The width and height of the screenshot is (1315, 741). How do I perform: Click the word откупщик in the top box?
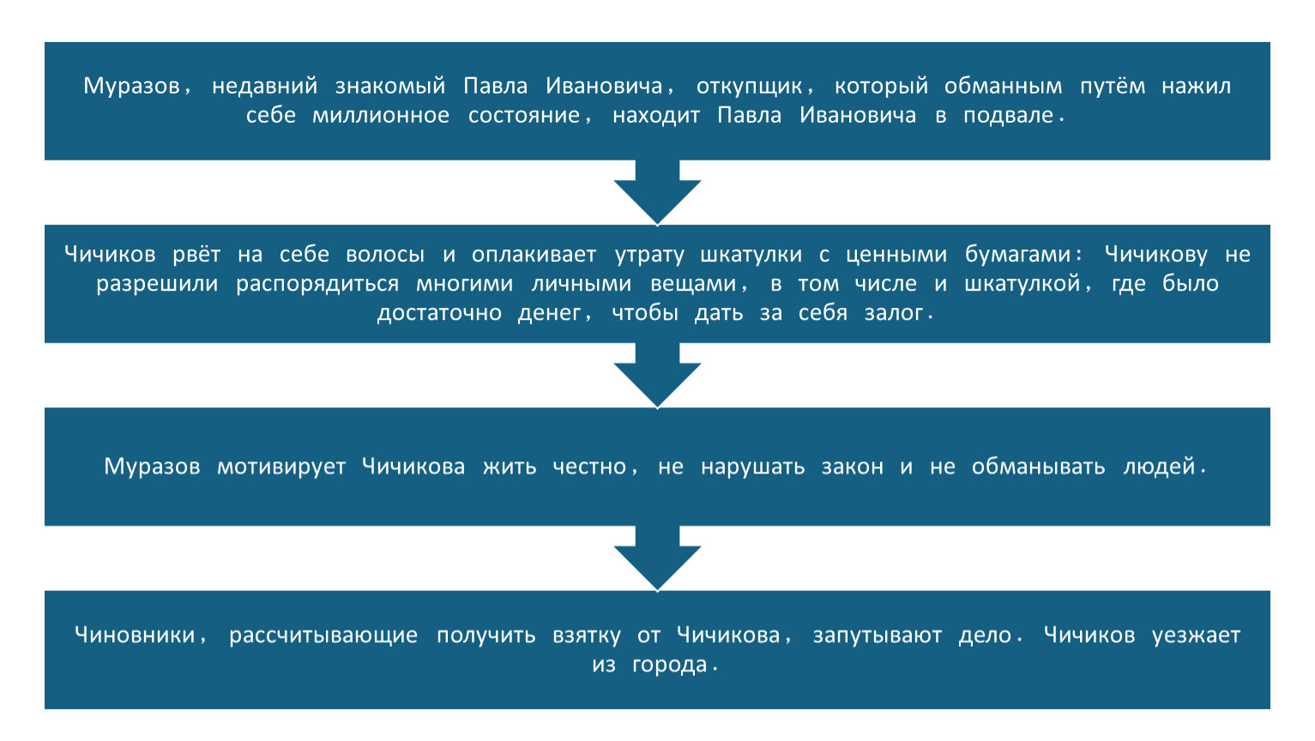[x=749, y=87]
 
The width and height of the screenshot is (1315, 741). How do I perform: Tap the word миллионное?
[x=380, y=115]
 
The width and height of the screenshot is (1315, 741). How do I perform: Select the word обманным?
[x=1004, y=87]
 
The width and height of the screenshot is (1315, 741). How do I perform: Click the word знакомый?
[x=389, y=87]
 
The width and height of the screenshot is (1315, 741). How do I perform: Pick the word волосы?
[x=384, y=254]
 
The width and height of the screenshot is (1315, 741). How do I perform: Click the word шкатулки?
[x=751, y=254]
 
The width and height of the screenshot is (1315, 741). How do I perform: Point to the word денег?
[x=550, y=313]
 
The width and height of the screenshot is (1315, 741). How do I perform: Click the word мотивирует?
[x=281, y=467]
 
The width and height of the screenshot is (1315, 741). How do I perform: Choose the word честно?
[x=589, y=467]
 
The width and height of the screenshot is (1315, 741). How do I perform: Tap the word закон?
[x=852, y=467]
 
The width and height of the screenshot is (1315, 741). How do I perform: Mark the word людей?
[x=1160, y=467]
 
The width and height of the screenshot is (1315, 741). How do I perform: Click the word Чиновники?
[x=135, y=636]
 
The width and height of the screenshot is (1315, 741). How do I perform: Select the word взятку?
[x=586, y=636]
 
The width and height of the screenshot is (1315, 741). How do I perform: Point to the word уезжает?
[x=1196, y=636]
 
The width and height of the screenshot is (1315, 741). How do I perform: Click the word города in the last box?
[x=669, y=665]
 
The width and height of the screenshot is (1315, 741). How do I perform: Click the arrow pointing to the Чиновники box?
[x=657, y=557]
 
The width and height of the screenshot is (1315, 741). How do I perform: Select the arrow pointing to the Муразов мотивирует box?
[x=657, y=375]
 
